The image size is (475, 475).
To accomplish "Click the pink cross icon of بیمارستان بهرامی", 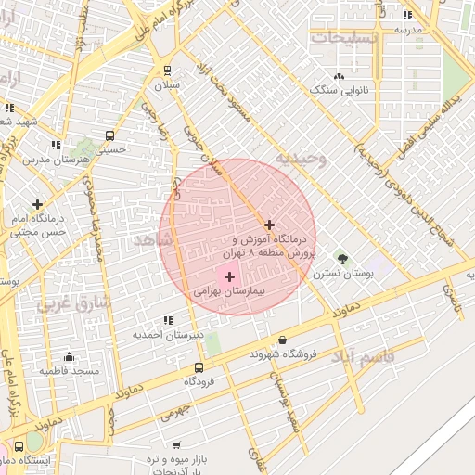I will coord(229,276).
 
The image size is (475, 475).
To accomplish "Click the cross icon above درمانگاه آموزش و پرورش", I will coord(269,225).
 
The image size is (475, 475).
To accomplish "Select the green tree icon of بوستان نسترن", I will coord(341,259).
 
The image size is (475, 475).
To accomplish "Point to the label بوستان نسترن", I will coord(342,274).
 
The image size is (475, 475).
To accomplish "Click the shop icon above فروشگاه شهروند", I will coord(282,340).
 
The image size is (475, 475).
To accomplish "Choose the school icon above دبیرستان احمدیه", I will coord(168,320).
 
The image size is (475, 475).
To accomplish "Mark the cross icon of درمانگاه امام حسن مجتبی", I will coord(37,204).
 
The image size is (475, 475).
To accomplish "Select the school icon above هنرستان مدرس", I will coord(56,145).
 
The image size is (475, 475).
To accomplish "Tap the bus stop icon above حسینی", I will coord(110,135).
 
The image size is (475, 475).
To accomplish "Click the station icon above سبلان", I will coord(167,70).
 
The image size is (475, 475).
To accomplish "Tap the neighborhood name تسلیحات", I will coord(343,37).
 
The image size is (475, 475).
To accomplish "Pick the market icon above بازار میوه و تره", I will coord(176,445).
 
